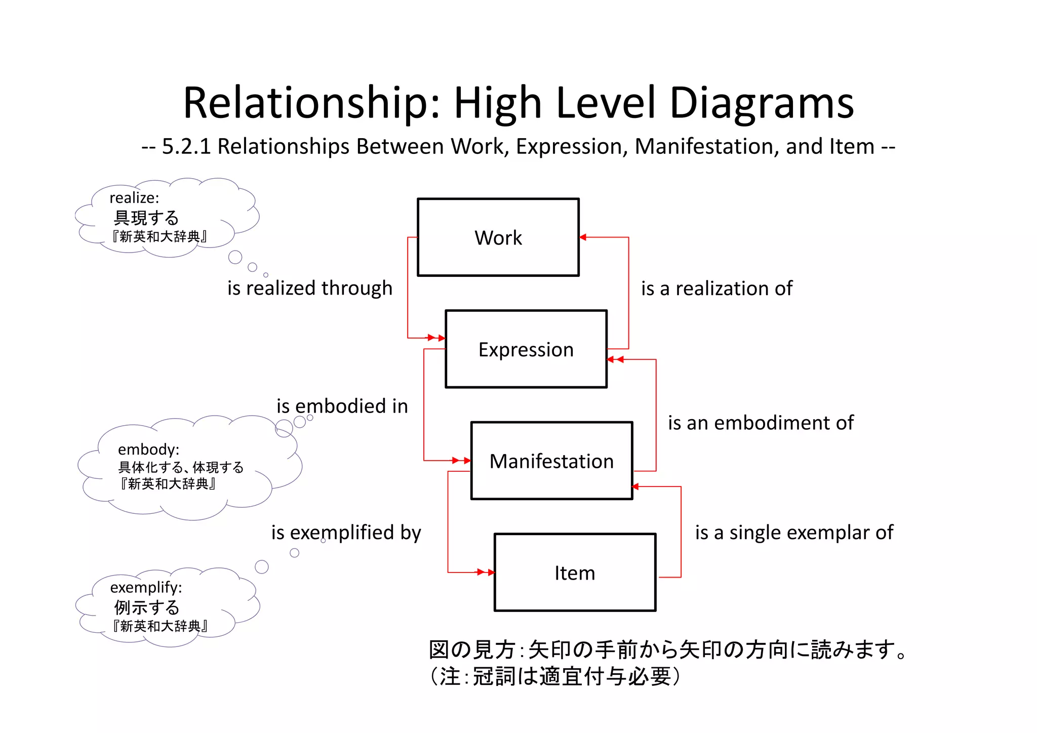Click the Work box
tap(498, 237)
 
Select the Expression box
tap(526, 349)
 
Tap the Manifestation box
tap(551, 461)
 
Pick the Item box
tap(575, 573)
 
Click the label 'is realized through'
tap(309, 288)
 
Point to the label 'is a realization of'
tap(716, 289)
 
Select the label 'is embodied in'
tap(342, 406)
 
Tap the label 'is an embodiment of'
tap(761, 423)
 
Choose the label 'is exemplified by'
tap(346, 533)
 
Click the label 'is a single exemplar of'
tap(794, 533)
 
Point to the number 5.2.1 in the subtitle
tap(186, 146)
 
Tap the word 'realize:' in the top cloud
tap(134, 197)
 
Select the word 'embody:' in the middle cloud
tap(148, 449)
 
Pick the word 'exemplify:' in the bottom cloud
tap(146, 587)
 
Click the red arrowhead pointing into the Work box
tap(583, 237)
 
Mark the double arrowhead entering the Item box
tap(486, 573)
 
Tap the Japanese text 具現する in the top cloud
tap(146, 218)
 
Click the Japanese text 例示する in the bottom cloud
tap(146, 607)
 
